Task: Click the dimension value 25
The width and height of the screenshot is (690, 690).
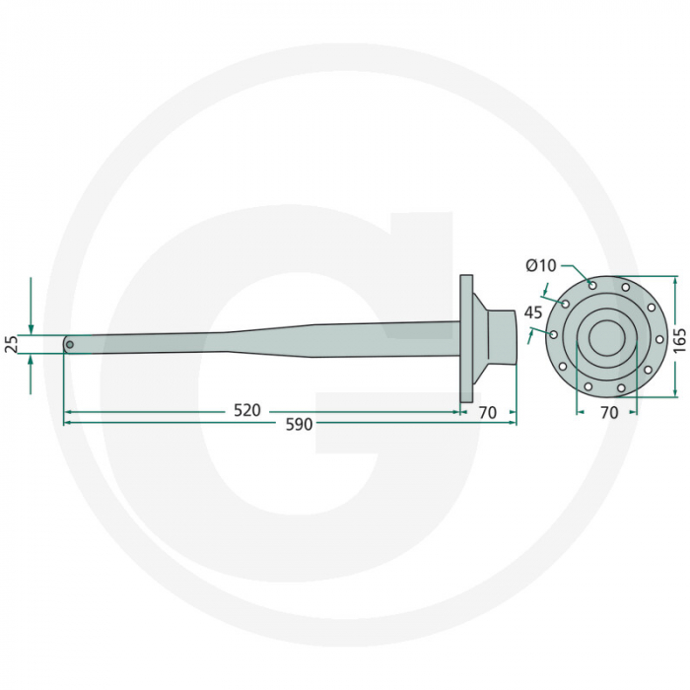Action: click(x=12, y=344)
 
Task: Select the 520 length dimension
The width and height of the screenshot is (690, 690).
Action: click(x=248, y=410)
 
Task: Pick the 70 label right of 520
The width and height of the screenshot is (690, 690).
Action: click(x=487, y=412)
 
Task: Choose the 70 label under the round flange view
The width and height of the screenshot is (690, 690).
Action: click(x=608, y=413)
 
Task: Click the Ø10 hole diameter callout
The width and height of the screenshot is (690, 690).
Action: click(x=541, y=265)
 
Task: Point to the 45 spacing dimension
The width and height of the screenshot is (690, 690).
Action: click(x=533, y=311)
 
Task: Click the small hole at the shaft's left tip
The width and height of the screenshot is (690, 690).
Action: click(x=69, y=344)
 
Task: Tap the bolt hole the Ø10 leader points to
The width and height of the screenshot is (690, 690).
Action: click(x=591, y=285)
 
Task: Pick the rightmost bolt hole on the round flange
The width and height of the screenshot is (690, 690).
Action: click(x=659, y=339)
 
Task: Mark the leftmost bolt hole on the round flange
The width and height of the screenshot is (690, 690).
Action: click(x=553, y=335)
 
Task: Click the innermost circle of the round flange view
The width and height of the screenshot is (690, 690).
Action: click(x=606, y=338)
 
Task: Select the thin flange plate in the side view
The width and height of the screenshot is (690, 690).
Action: click(x=467, y=338)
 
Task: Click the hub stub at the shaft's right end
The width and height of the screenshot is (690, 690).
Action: click(x=503, y=338)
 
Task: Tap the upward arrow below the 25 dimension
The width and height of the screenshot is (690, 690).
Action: click(x=31, y=362)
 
